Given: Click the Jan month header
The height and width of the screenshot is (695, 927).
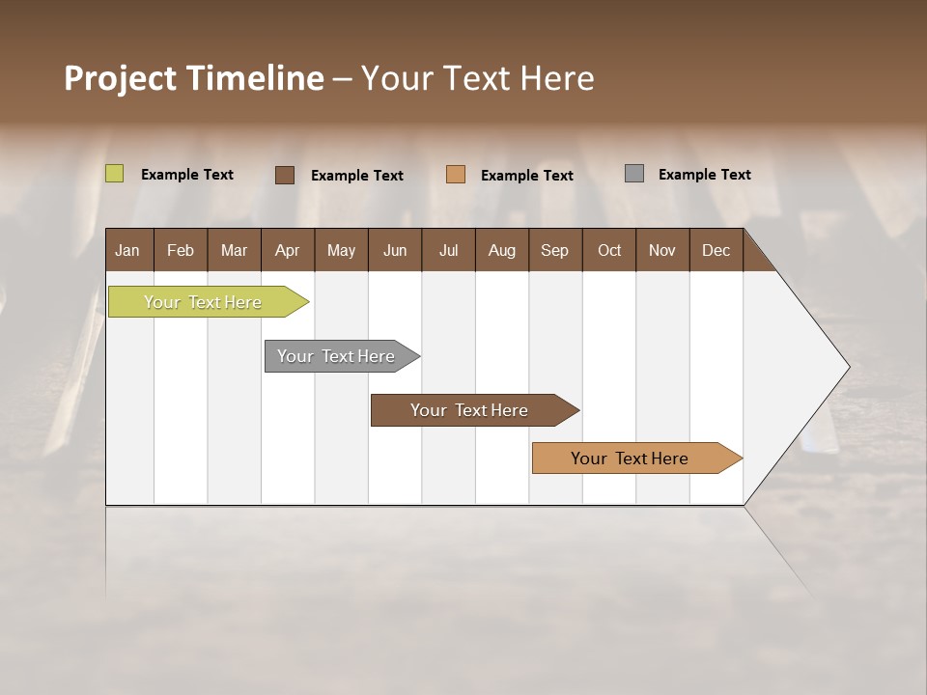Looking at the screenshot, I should (128, 250).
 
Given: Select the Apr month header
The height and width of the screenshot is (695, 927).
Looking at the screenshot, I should (287, 250).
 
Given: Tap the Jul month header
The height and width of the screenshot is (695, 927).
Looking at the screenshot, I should (448, 250).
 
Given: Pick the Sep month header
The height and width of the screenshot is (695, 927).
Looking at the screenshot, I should (554, 250).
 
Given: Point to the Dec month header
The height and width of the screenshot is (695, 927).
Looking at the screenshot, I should (716, 250).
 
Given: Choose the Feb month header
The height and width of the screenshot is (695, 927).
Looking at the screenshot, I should (181, 250).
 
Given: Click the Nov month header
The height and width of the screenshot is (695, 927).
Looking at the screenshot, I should (661, 250).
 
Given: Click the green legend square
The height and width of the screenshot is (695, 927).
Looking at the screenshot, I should (114, 174).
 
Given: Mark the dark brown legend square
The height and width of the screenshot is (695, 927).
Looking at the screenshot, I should (285, 175).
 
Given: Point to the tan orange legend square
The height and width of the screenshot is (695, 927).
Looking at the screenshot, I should (456, 174).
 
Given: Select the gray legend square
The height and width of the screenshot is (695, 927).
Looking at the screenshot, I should (634, 174).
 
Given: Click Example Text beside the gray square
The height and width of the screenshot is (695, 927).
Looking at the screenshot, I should (704, 175).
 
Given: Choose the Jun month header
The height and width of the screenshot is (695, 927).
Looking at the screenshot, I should (395, 250).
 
